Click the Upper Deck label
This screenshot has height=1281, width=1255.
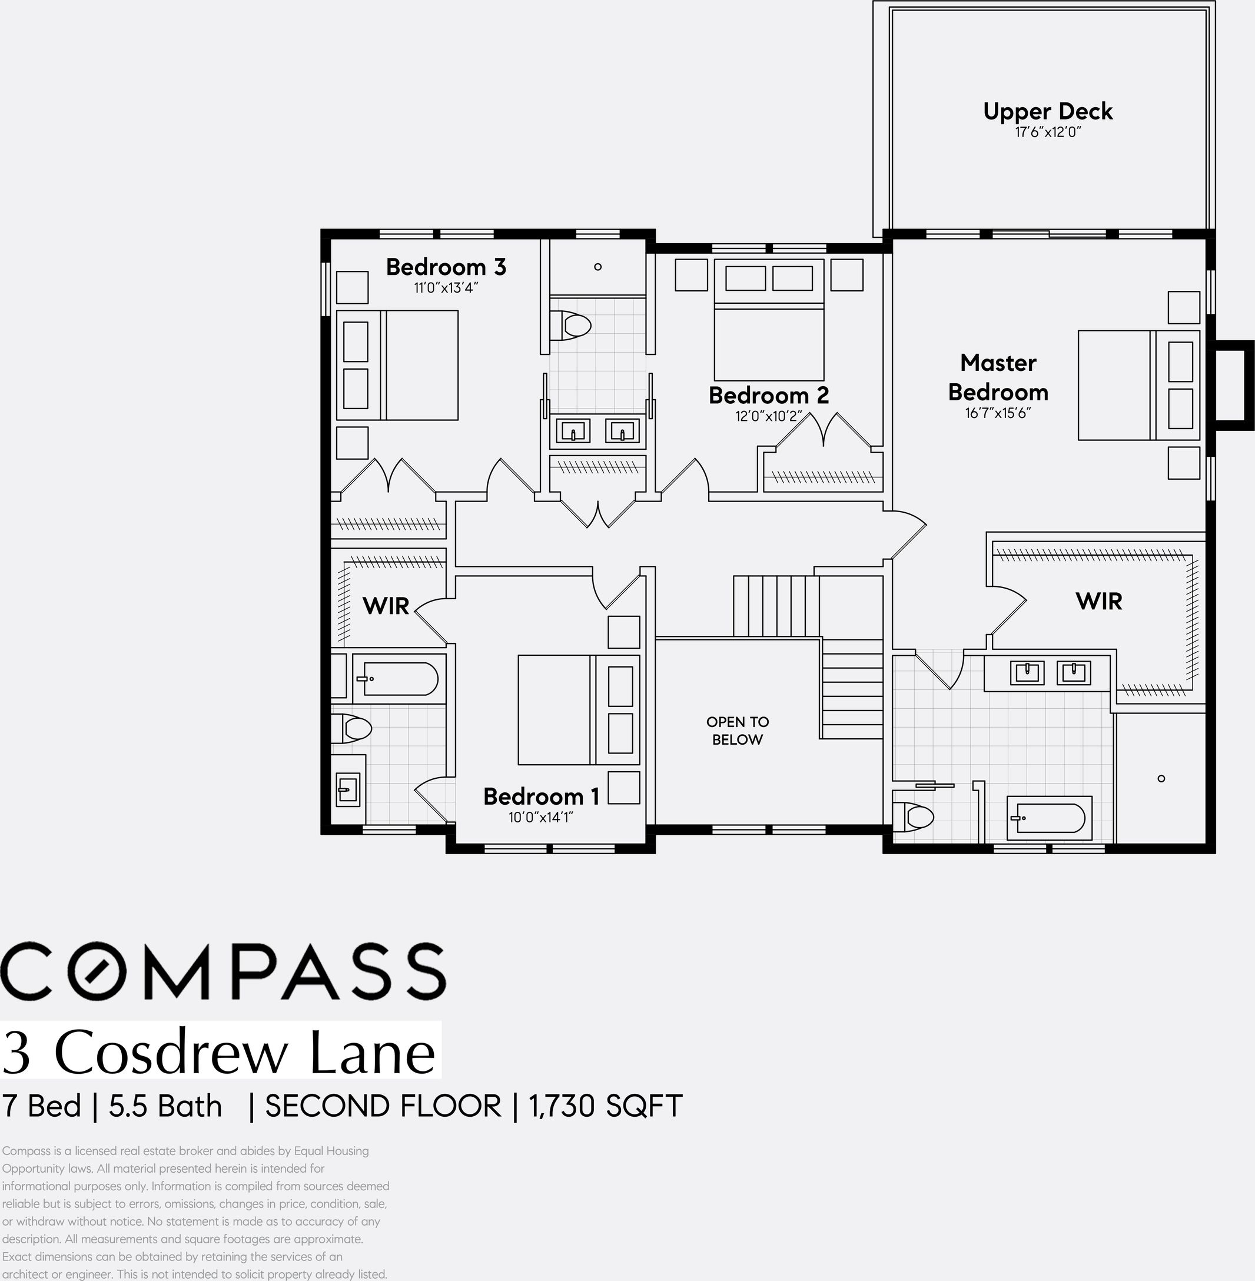tap(1047, 111)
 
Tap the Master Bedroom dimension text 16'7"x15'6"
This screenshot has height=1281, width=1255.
tap(998, 413)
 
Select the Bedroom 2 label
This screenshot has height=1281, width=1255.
tap(769, 396)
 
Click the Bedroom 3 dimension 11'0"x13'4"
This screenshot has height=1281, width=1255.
tap(446, 288)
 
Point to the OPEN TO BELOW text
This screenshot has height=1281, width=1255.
tap(738, 731)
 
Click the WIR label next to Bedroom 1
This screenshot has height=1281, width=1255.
tap(386, 606)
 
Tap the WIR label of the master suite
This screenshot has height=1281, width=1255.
tap(1098, 601)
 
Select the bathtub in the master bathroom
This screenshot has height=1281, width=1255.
tap(1050, 818)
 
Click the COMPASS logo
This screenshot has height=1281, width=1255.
tap(223, 971)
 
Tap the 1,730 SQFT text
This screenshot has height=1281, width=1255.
tap(605, 1106)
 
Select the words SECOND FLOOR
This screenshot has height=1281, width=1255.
tap(383, 1106)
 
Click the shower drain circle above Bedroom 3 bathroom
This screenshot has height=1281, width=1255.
tap(598, 267)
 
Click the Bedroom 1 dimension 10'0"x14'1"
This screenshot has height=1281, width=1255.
tap(540, 818)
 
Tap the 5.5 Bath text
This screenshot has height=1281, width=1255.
tap(165, 1106)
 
